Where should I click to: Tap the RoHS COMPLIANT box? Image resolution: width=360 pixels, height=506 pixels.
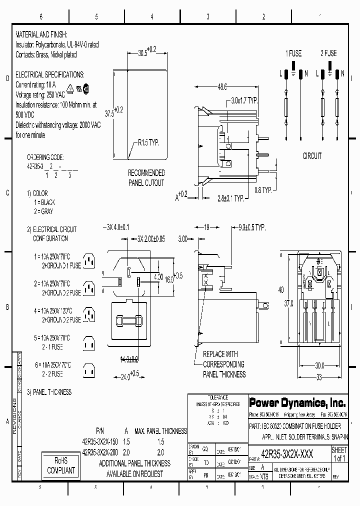[x=60, y=465]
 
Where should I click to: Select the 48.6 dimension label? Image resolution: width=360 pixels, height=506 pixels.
[x=221, y=86]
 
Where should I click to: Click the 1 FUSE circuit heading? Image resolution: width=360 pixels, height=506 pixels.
[x=293, y=53]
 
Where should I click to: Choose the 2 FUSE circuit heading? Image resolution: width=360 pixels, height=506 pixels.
[x=328, y=53]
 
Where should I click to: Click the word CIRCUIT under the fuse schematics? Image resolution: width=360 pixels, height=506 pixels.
[x=312, y=156]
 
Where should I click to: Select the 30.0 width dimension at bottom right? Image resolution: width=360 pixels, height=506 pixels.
[x=319, y=365]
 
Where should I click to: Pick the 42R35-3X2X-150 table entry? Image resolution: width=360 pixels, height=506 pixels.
[x=99, y=442]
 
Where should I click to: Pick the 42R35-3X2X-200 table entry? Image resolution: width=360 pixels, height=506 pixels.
[x=99, y=452]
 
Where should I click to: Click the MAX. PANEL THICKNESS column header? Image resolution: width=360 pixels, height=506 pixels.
[x=161, y=431]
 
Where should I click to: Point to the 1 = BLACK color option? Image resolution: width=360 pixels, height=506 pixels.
[x=44, y=202]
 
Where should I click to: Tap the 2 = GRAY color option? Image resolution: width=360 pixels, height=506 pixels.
[x=42, y=211]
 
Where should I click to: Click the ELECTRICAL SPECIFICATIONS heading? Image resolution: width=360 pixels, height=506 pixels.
[x=50, y=74]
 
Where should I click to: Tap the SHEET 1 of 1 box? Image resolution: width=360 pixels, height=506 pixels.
[x=339, y=454]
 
